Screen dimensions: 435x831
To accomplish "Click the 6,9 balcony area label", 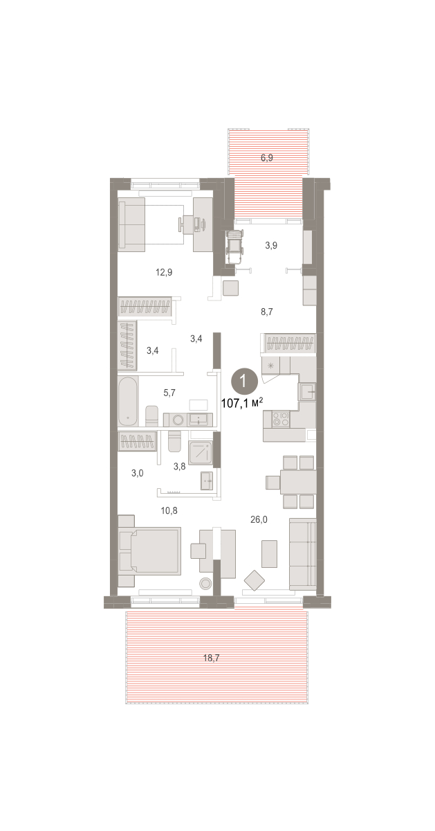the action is [x=267, y=158].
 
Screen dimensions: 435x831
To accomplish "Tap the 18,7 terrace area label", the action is [x=211, y=658].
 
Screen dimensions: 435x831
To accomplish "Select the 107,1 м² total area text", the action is [x=242, y=402].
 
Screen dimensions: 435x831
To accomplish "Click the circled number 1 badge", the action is [x=244, y=381].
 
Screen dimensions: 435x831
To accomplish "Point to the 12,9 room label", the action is [x=164, y=273].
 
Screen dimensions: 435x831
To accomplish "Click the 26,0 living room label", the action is [x=259, y=520].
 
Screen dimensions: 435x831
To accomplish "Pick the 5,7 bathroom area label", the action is [x=169, y=393].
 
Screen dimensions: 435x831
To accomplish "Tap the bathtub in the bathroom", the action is [x=128, y=402].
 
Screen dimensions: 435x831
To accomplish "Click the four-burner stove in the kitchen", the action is [x=281, y=419].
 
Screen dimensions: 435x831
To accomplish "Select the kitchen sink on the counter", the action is [x=308, y=391].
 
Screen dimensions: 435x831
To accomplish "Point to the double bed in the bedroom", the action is [x=150, y=551].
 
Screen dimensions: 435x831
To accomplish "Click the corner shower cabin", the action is [x=201, y=453].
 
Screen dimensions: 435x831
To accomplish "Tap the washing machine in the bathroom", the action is [x=178, y=420].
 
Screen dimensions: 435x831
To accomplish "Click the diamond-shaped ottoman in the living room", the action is [x=254, y=580].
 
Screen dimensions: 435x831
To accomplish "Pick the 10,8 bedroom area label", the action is [x=169, y=511].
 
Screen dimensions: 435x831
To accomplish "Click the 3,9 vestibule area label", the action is [x=271, y=246].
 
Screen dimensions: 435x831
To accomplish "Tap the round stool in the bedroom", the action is [x=205, y=584].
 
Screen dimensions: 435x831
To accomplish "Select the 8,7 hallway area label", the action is [x=267, y=312].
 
